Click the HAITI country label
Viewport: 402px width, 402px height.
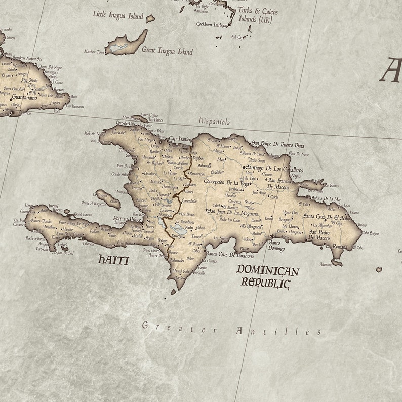(x=113, y=260)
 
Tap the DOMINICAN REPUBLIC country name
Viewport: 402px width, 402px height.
(x=267, y=276)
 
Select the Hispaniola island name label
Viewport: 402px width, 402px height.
(x=214, y=122)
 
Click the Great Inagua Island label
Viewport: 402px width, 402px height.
(x=167, y=51)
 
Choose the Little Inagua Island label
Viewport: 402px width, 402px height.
(x=118, y=15)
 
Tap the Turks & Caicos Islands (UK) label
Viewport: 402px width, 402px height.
(x=258, y=15)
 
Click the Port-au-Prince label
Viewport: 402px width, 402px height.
(x=127, y=219)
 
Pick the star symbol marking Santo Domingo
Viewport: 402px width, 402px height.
(x=271, y=236)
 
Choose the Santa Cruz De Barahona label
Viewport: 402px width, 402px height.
(x=229, y=255)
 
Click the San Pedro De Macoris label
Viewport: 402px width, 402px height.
(x=320, y=235)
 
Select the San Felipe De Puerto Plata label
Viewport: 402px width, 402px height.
(x=278, y=144)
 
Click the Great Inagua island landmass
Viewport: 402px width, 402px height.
(x=126, y=44)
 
